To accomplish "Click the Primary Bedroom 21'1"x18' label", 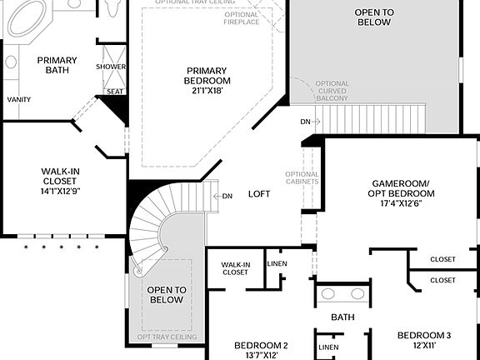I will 208,81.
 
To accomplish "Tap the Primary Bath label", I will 57,66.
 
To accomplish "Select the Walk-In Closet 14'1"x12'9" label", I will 60,181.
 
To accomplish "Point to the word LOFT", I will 259,194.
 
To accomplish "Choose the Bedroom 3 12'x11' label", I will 424,340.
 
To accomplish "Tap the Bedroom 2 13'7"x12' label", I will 261,350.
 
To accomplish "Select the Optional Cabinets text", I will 302,177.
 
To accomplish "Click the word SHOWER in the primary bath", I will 111,67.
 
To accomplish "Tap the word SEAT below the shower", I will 113,92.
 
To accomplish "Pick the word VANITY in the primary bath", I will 19,99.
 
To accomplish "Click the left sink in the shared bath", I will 328,294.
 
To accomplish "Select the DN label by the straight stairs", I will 306,122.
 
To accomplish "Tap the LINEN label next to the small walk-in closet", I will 277,264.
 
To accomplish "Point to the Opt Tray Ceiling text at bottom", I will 167,337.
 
